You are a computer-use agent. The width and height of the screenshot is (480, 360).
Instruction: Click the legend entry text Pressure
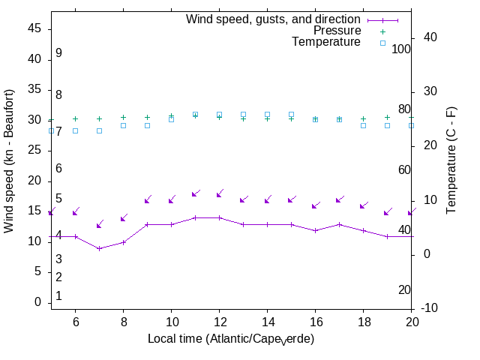point(337,31)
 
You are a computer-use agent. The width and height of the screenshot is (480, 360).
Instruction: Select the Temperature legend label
point(326,42)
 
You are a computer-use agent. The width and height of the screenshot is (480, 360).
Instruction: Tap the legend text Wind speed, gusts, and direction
point(274,19)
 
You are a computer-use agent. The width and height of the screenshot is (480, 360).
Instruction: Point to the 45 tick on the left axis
point(35,28)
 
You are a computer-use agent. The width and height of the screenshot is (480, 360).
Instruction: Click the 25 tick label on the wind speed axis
point(35,150)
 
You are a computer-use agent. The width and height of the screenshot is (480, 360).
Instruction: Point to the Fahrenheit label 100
point(401,49)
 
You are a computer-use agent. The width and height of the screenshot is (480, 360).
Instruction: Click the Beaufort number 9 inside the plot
point(58,53)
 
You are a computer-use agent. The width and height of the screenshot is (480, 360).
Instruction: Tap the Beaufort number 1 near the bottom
point(58,296)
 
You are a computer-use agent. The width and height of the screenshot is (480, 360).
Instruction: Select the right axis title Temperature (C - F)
point(452,159)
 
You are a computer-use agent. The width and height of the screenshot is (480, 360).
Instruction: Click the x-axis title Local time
point(230,339)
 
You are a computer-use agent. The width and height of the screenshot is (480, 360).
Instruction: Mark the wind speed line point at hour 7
point(99,248)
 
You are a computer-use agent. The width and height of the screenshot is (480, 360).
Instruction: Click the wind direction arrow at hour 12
point(219,194)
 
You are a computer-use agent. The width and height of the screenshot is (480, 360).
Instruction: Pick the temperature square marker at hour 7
point(99,130)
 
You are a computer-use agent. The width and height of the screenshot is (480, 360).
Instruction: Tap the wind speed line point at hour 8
point(123,242)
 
